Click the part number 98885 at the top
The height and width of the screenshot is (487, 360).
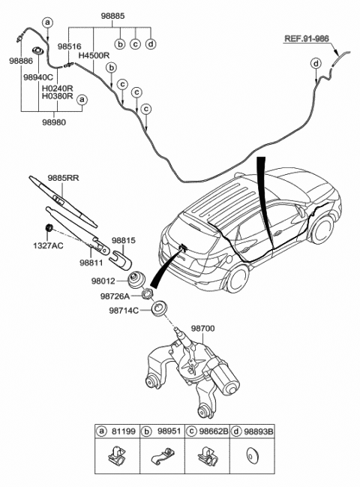coord(112,16)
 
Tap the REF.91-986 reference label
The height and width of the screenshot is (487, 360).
coord(307,38)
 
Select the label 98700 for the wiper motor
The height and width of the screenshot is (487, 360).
coord(202,328)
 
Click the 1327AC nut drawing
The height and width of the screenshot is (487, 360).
coord(48,227)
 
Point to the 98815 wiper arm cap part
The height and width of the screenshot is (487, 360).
coord(121,259)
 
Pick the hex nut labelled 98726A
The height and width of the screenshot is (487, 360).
coord(146,293)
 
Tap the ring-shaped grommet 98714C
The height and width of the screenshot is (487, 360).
coord(159,308)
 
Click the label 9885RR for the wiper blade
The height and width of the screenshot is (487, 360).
coord(63,178)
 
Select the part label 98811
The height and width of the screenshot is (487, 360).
coord(91,263)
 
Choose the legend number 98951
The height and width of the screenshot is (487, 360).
coord(169,431)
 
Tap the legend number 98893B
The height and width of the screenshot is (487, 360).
coord(258,431)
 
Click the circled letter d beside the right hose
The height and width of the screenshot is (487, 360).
coord(316,64)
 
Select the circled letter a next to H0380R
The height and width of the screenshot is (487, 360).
coord(82,100)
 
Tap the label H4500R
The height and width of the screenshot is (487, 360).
coord(94,56)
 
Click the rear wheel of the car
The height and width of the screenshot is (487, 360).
coord(238,279)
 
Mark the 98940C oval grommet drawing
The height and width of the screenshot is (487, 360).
coord(38,50)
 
